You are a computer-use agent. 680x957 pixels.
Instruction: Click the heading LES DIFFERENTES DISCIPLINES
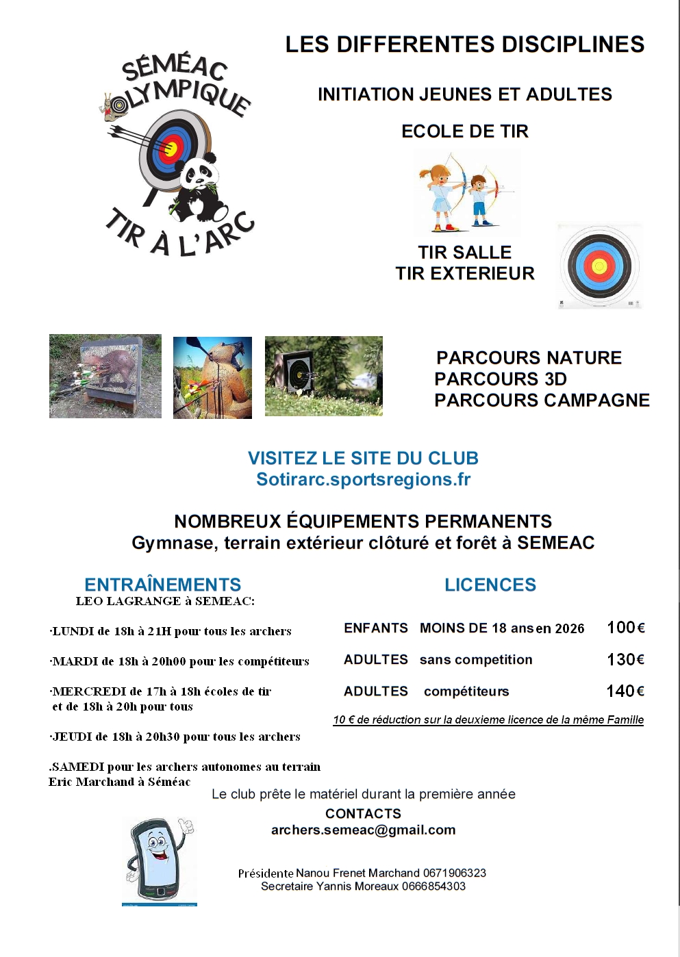[x=464, y=44]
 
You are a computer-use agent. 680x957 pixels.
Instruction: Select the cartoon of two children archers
[x=466, y=192]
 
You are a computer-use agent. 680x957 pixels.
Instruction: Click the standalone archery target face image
[x=599, y=266]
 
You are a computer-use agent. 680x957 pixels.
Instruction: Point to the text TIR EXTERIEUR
[x=464, y=274]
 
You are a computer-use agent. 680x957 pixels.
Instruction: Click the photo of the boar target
[x=105, y=376]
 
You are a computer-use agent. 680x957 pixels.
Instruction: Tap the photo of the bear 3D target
[x=212, y=377]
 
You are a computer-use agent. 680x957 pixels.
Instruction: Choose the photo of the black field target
[x=323, y=376]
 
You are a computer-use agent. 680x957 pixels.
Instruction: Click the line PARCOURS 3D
[x=501, y=379]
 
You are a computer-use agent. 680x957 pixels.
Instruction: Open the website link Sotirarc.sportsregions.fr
[x=363, y=480]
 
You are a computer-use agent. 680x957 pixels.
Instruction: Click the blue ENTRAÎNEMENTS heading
[x=162, y=585]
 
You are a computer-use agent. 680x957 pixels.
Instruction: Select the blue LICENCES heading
[x=490, y=585]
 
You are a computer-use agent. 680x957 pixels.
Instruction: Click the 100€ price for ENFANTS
[x=625, y=628]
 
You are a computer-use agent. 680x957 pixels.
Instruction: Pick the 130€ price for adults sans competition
[x=625, y=660]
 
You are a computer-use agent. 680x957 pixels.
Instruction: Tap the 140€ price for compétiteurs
[x=625, y=691]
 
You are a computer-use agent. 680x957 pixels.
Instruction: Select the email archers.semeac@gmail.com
[x=363, y=830]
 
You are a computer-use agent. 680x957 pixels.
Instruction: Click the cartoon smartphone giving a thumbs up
[x=160, y=859]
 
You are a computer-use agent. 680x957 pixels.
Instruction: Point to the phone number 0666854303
[x=433, y=886]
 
